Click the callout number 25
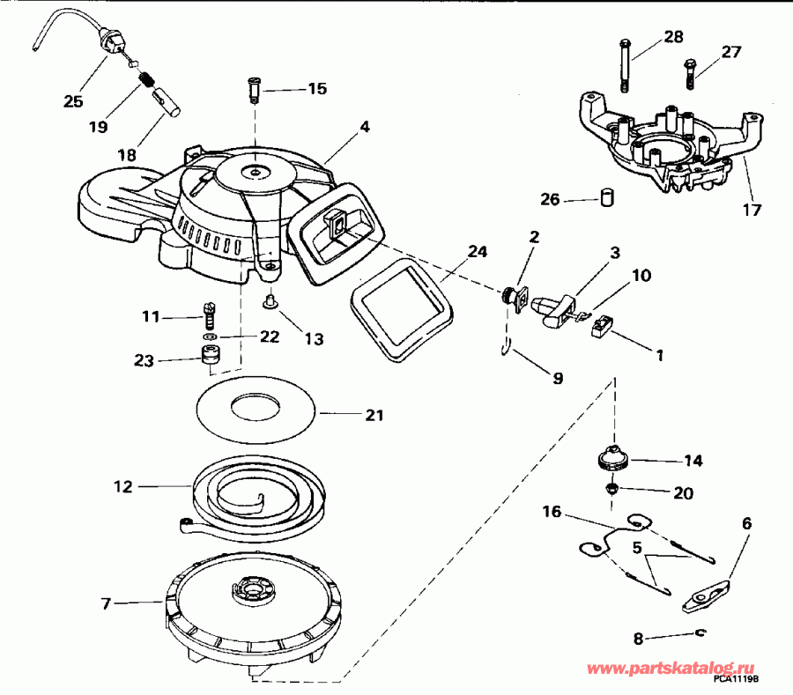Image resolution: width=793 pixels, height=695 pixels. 73,101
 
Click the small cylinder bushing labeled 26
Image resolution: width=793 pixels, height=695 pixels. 605,198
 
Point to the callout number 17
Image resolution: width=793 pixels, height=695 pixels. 752,211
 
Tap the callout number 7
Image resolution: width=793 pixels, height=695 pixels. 107,603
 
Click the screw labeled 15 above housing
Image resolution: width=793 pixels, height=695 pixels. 255,88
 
